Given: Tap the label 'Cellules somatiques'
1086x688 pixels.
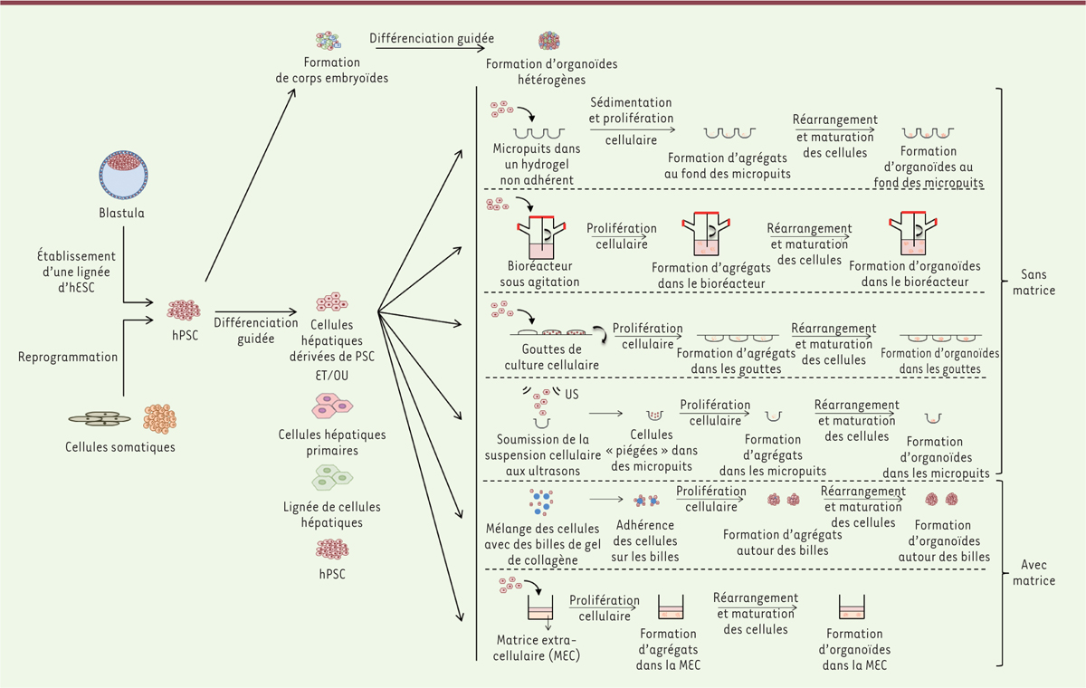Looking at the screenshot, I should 119,447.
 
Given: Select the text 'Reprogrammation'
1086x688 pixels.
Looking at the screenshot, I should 68,357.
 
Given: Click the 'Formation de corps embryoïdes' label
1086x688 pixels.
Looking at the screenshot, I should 331,71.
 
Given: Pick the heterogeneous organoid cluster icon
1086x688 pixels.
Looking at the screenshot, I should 548,41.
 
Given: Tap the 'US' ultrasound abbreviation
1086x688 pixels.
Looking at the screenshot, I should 572,396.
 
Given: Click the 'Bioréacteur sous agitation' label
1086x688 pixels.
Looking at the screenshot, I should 539,274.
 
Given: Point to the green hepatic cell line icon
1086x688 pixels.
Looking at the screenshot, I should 332,476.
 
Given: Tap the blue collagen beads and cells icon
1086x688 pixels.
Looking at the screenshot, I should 541,502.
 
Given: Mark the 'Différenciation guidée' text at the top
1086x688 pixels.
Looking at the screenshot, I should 432,39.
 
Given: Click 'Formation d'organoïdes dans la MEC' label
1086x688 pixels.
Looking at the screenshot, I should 854,650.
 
